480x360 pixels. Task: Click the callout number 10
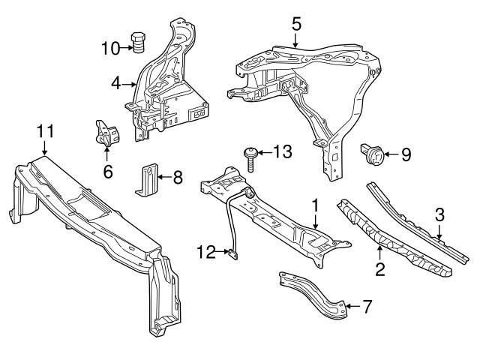pyautogui.click(x=111, y=49)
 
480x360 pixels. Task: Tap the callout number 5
pyautogui.click(x=296, y=23)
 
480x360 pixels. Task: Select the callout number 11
pyautogui.click(x=45, y=131)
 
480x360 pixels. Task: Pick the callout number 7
pyautogui.click(x=367, y=306)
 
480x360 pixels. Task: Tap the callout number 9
pyautogui.click(x=406, y=155)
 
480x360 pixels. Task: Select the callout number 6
pyautogui.click(x=107, y=171)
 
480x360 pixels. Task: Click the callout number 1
pyautogui.click(x=316, y=203)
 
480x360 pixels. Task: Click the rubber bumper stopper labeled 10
pyautogui.click(x=139, y=43)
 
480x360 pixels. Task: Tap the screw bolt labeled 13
pyautogui.click(x=250, y=159)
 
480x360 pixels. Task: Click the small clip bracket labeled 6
pyautogui.click(x=105, y=135)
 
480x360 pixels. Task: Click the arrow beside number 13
pyautogui.click(x=263, y=153)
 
